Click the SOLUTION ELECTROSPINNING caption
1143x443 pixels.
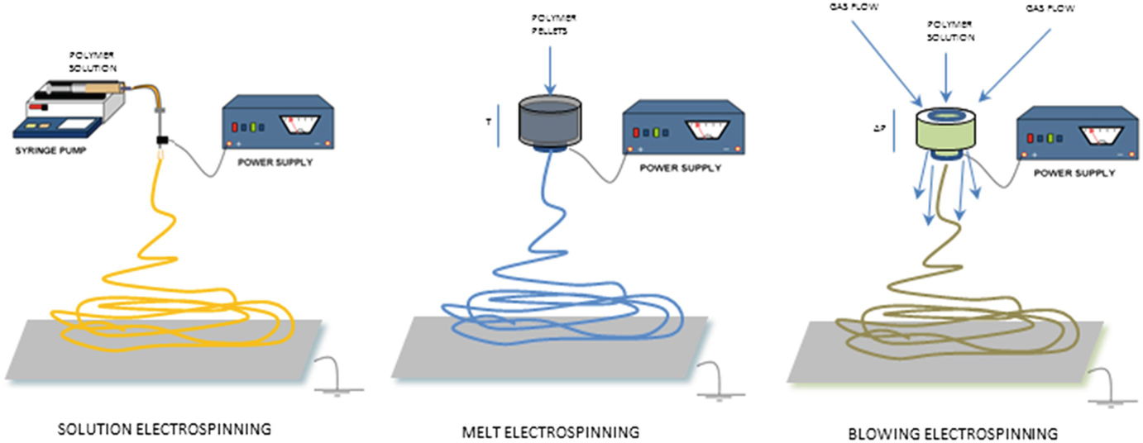point(164,429)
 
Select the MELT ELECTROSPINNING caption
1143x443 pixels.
point(552,431)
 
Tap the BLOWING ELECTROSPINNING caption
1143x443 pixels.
point(954,432)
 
